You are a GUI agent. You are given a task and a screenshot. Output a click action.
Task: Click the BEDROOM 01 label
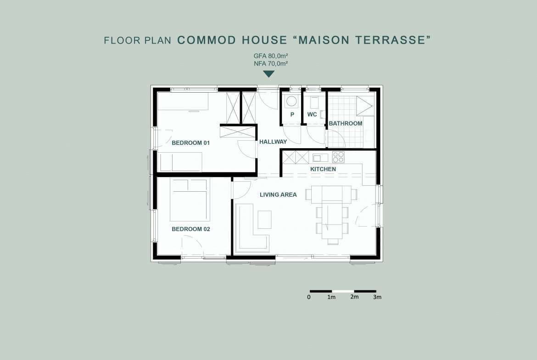click(190, 143)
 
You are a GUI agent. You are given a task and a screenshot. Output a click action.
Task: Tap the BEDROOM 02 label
click(191, 229)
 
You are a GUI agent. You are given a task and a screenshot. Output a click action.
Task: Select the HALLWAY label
click(273, 141)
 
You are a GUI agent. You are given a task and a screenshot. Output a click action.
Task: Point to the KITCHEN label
click(323, 169)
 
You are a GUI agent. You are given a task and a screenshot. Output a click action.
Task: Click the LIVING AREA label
click(278, 195)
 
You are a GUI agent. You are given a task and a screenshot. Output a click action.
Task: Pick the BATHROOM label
click(346, 123)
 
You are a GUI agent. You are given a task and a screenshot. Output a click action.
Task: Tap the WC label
click(312, 114)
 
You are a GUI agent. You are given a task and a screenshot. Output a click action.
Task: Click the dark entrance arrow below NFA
click(269, 74)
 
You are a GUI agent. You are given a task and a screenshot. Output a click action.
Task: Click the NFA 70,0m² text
click(270, 63)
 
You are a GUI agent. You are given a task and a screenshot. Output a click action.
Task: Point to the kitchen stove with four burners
click(338, 157)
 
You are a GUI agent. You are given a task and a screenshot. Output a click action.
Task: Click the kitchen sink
click(320, 158)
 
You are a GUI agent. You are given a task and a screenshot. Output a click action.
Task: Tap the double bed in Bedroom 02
click(190, 200)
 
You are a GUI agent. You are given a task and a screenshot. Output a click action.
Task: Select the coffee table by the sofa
click(264, 219)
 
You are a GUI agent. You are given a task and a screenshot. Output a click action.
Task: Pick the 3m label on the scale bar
click(377, 297)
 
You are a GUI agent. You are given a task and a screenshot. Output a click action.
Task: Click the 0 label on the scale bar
click(309, 297)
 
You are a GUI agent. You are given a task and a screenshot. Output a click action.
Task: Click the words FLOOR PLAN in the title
click(137, 40)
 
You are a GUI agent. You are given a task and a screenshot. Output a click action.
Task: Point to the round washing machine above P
click(291, 102)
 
